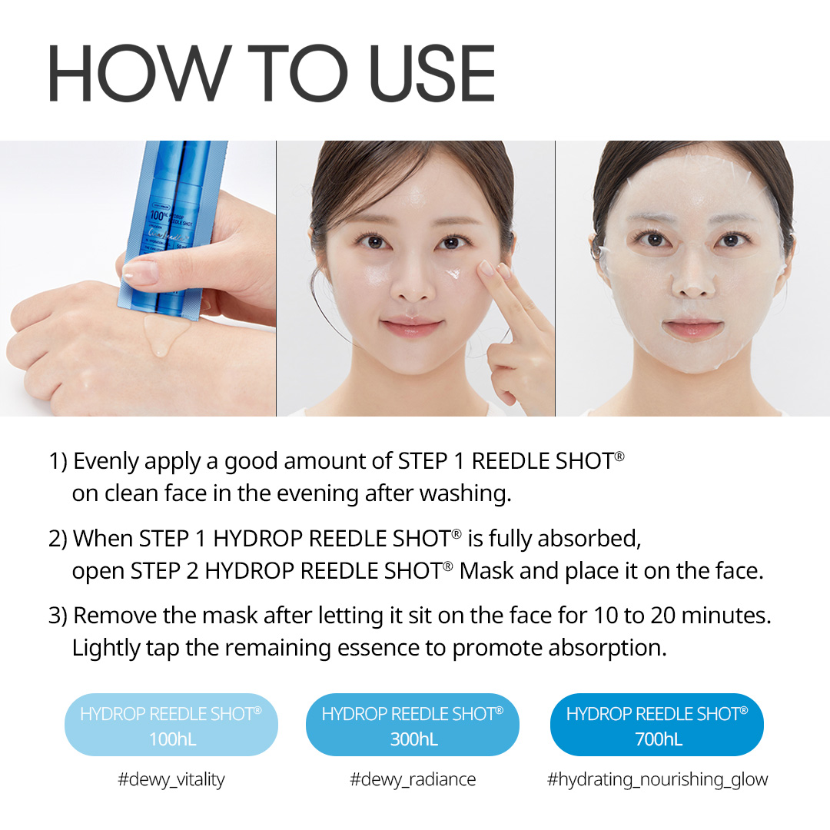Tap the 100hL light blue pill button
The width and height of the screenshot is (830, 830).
(171, 726)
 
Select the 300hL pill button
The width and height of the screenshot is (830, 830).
(413, 726)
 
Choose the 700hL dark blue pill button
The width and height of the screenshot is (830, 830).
(657, 726)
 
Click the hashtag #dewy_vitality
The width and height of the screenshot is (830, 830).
(171, 779)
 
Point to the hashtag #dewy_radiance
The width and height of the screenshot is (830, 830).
(413, 779)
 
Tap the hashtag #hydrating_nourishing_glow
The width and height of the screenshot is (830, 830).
(657, 779)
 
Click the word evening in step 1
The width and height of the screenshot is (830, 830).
(322, 493)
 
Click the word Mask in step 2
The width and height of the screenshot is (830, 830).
(487, 571)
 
